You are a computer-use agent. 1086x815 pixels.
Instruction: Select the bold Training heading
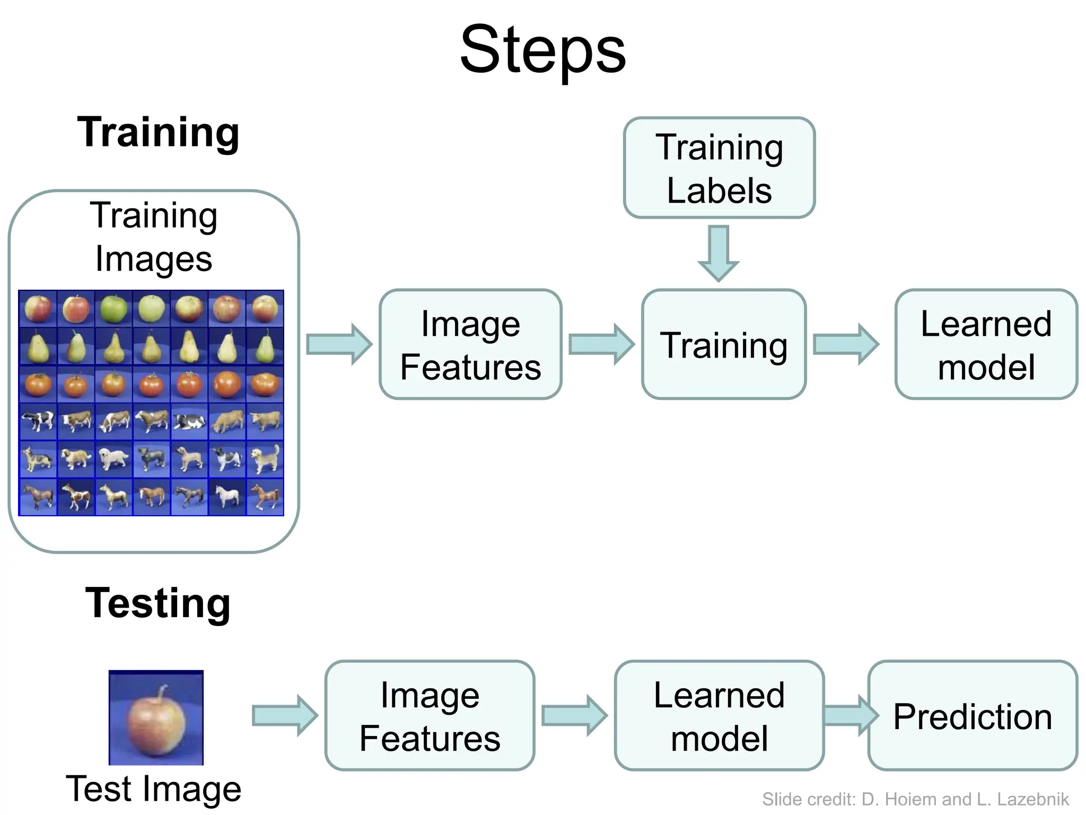(158, 133)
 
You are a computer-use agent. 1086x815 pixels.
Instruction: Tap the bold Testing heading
(158, 603)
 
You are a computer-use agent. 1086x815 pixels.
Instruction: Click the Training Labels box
(719, 168)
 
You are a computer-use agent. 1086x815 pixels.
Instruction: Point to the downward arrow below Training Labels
(719, 253)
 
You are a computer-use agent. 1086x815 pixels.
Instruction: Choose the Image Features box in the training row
(470, 345)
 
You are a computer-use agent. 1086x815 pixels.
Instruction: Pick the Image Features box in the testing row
(430, 716)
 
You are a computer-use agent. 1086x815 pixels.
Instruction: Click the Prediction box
(973, 716)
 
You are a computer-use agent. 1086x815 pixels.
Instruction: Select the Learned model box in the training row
(986, 345)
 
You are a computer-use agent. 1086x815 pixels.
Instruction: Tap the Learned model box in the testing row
(719, 716)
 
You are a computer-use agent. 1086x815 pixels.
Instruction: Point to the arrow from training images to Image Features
(339, 345)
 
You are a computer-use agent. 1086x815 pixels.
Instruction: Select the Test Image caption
(153, 789)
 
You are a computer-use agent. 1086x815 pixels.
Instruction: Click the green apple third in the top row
(113, 309)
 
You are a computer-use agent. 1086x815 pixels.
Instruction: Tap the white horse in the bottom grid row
(227, 497)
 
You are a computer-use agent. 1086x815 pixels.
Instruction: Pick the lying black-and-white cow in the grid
(189, 422)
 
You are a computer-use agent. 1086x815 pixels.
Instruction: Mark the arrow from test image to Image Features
(285, 716)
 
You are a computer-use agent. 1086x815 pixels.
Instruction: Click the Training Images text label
(154, 237)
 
